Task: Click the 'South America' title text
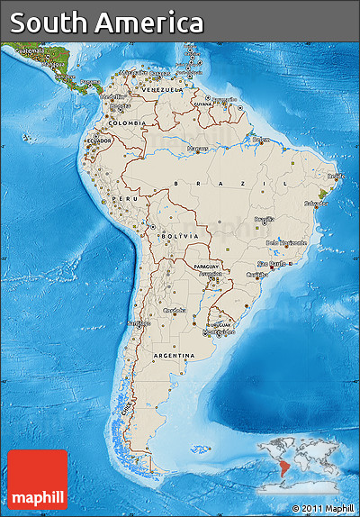107,23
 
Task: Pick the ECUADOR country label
100,141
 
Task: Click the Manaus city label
196,147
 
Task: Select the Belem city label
261,140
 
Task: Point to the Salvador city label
315,204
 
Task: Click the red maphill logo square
38,480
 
